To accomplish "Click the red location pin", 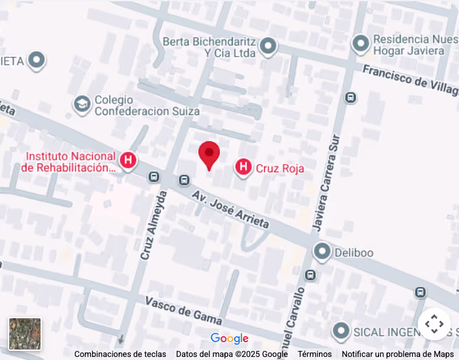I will (x=210, y=154).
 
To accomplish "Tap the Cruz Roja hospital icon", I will (x=244, y=166).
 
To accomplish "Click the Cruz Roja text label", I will (x=280, y=168).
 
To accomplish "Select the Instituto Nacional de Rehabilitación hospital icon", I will (x=128, y=161).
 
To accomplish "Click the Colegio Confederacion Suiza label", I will (x=147, y=105).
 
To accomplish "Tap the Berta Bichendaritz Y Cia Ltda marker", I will (x=268, y=46).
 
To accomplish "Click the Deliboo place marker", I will (x=321, y=251).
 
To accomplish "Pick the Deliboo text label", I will (x=353, y=252).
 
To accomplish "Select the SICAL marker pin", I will (x=341, y=332).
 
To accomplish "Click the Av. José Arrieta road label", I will (x=230, y=209).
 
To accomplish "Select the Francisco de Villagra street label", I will (x=410, y=81).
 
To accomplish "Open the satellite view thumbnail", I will (x=25, y=334).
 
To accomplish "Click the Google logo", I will (x=229, y=338).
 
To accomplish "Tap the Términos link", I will (x=315, y=354).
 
